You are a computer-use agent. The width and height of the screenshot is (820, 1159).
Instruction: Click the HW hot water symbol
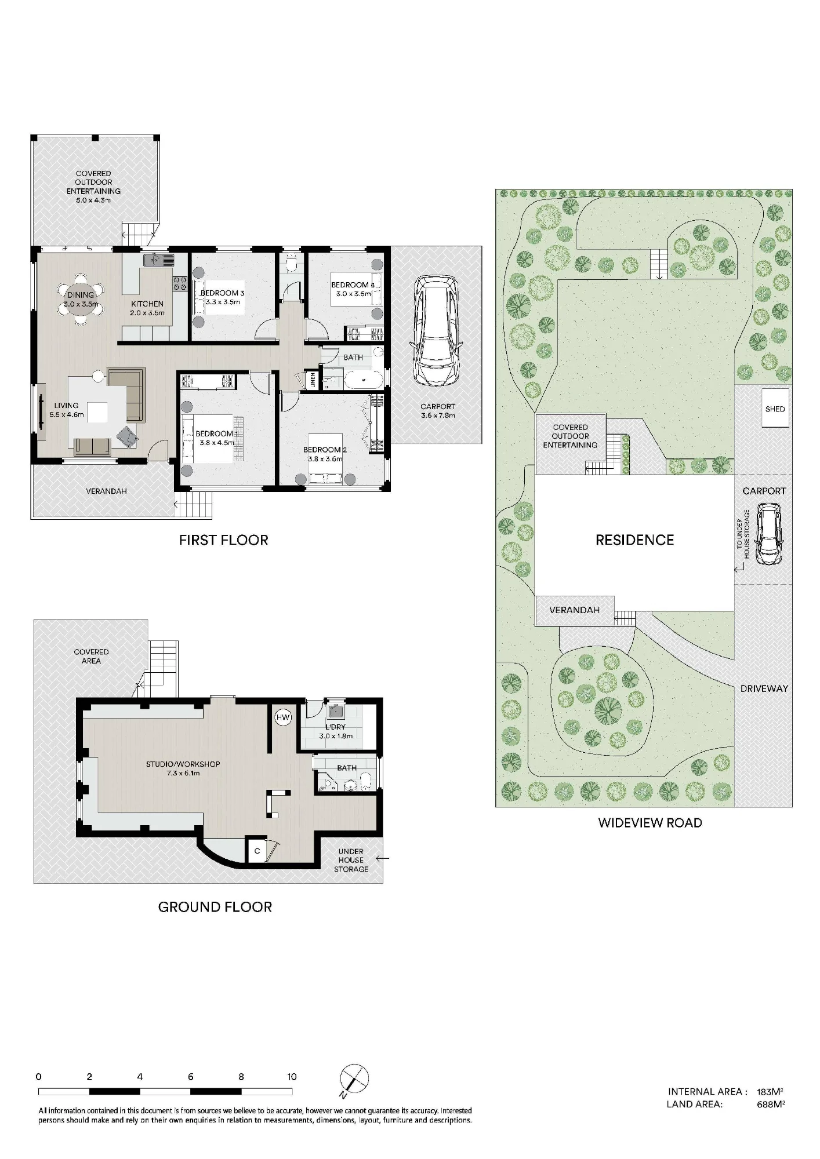tap(283, 717)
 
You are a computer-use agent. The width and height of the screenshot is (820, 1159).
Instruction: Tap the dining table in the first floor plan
tap(81, 300)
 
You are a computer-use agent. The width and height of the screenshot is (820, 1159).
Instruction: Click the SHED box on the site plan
tap(775, 409)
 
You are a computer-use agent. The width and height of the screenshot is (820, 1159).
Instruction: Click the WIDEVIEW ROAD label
tap(650, 823)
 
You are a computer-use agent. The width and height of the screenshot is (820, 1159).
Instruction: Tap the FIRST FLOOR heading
tap(223, 541)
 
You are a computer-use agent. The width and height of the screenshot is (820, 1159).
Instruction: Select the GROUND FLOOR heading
tap(215, 907)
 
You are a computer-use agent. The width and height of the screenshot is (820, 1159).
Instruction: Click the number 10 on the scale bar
tap(292, 1077)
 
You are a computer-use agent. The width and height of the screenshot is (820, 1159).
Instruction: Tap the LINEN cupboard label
tap(313, 380)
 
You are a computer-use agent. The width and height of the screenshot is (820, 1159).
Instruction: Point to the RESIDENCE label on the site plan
tap(634, 540)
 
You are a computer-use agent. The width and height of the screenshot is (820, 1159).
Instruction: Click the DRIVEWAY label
tap(764, 688)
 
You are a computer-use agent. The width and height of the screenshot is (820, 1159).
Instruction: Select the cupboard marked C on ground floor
tap(257, 851)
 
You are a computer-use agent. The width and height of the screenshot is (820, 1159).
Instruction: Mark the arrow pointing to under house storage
tap(382, 859)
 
